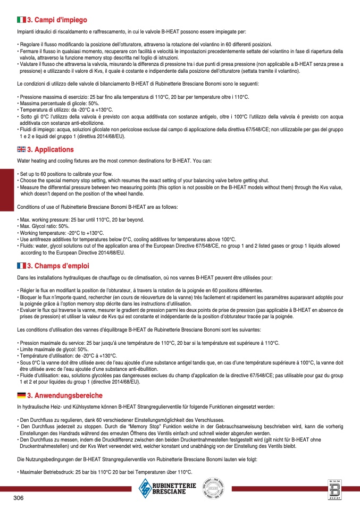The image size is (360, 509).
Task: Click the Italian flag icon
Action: click(x=21, y=20)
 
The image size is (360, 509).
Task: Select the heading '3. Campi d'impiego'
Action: click(x=57, y=20)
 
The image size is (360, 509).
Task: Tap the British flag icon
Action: click(x=21, y=150)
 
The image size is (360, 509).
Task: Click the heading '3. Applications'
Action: click(x=50, y=150)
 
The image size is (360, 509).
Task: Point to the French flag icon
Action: click(x=21, y=266)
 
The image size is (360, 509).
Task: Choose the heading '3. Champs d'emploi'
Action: click(x=58, y=266)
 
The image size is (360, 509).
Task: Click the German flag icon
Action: click(x=21, y=395)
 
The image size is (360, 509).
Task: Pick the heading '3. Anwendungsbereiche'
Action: click(x=64, y=395)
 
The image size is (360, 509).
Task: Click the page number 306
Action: click(x=20, y=498)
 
